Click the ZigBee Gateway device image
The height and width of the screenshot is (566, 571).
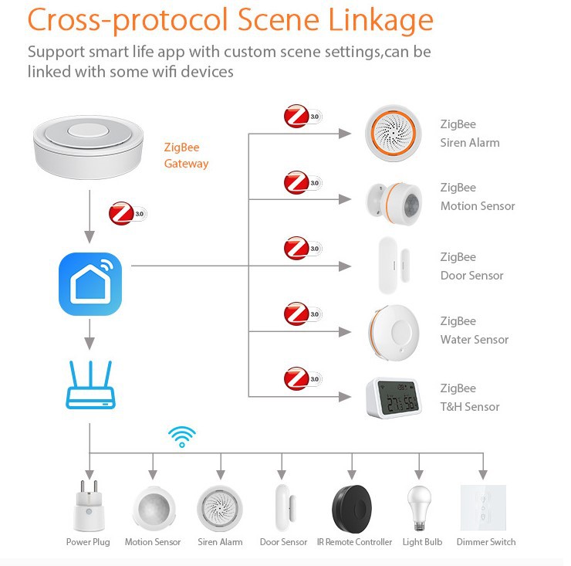tap(89, 146)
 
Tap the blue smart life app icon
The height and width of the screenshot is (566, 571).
tap(90, 283)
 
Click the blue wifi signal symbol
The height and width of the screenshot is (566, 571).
tap(182, 437)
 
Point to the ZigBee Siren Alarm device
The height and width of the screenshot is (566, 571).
tap(393, 134)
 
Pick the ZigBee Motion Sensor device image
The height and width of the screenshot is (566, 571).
tap(392, 198)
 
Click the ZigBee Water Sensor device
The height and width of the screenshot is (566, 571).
tap(394, 330)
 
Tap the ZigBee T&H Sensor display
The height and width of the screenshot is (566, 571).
tap(392, 397)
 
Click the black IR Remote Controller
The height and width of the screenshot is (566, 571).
tap(354, 507)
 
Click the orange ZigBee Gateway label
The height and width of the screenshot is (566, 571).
tap(186, 155)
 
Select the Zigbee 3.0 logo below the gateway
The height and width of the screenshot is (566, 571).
tap(127, 213)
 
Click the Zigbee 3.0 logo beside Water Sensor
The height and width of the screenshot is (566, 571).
tap(302, 314)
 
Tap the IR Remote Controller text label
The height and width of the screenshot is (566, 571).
tap(354, 542)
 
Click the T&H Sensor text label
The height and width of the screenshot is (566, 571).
tap(470, 407)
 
